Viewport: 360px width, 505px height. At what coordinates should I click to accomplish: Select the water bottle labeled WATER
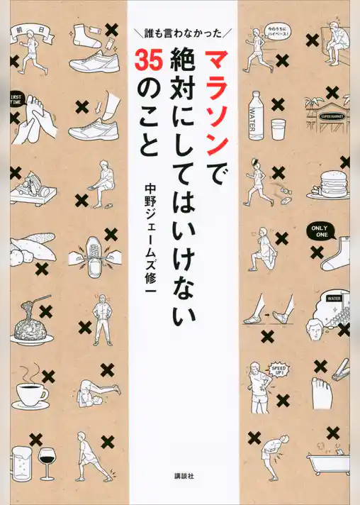pyautogui.click(x=256, y=116)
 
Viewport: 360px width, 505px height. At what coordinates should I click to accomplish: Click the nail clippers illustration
pyautogui.click(x=339, y=368)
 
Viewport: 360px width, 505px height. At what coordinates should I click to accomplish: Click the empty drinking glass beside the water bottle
pyautogui.click(x=279, y=129)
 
